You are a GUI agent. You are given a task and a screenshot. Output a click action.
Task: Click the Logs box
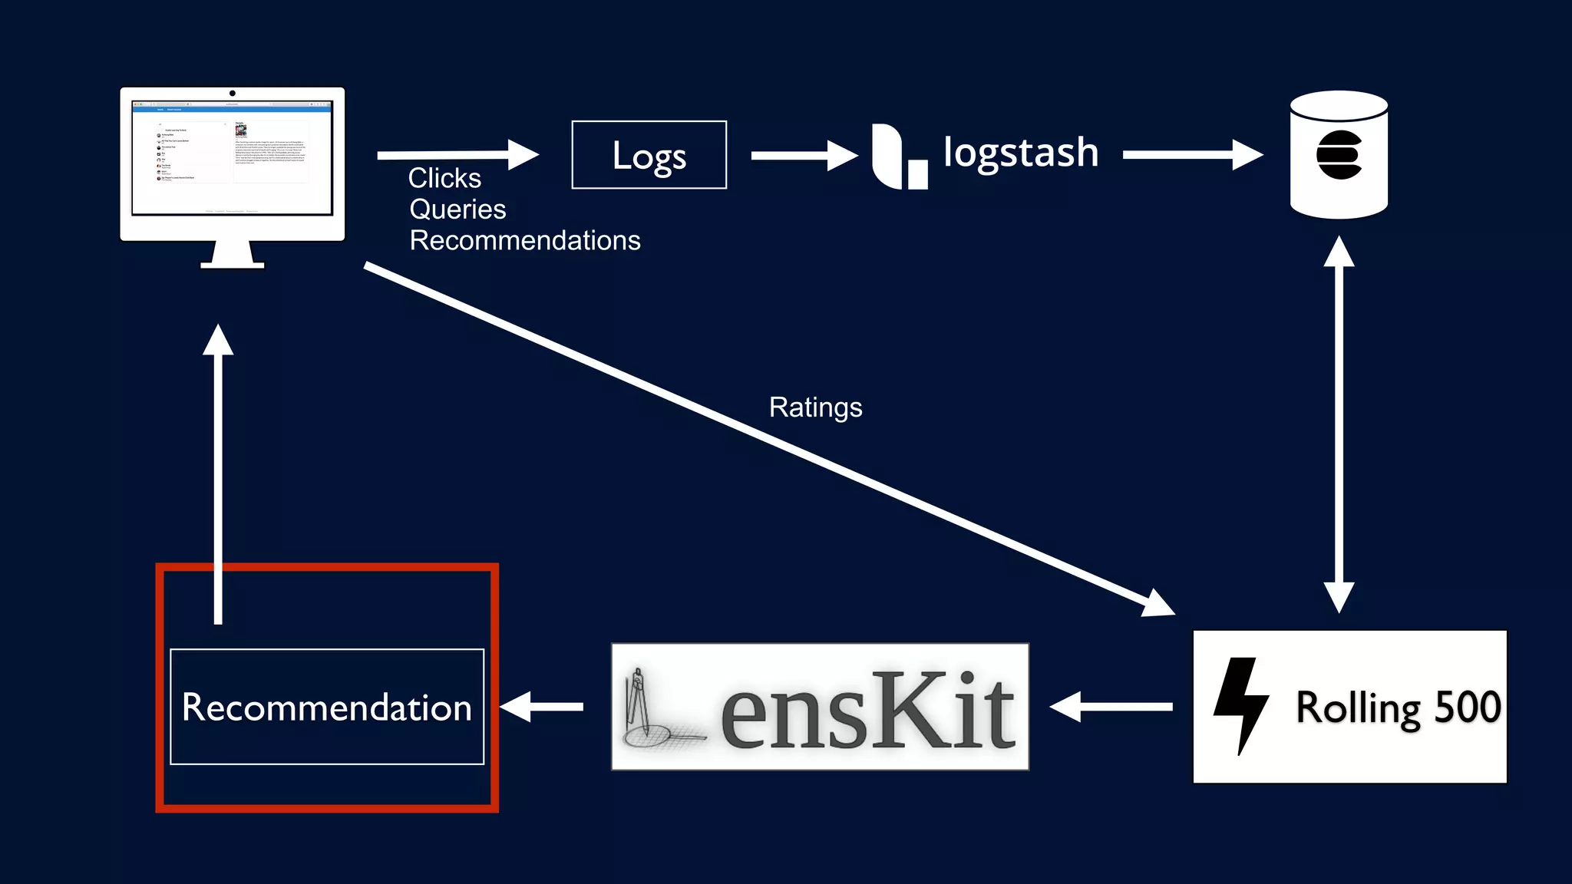click(649, 155)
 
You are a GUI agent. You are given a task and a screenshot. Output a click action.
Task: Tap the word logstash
click(1020, 152)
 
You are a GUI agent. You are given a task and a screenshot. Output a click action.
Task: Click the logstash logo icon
click(898, 157)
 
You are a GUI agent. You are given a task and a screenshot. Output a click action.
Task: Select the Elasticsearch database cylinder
click(1339, 155)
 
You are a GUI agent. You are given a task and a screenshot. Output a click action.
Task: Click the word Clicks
click(444, 178)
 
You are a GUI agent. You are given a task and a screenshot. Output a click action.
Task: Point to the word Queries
click(457, 209)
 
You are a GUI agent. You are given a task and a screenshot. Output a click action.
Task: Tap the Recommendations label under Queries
click(525, 241)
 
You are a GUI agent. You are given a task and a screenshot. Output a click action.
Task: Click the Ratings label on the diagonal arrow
click(815, 407)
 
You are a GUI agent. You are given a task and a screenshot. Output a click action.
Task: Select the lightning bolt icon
click(1240, 704)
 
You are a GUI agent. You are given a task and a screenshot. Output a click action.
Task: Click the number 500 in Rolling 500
click(1468, 707)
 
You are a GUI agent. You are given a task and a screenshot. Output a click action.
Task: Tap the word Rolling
click(1357, 708)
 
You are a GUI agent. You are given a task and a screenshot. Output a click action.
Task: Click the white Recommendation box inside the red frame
click(327, 707)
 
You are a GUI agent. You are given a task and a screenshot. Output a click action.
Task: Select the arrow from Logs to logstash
click(803, 156)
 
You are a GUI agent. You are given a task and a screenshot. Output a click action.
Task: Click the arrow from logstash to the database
click(1191, 155)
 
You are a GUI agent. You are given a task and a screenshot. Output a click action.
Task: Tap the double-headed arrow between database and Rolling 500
click(1339, 424)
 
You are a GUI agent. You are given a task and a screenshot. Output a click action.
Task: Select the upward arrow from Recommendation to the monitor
click(218, 476)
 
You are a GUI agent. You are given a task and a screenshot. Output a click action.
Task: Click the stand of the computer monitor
click(233, 256)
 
